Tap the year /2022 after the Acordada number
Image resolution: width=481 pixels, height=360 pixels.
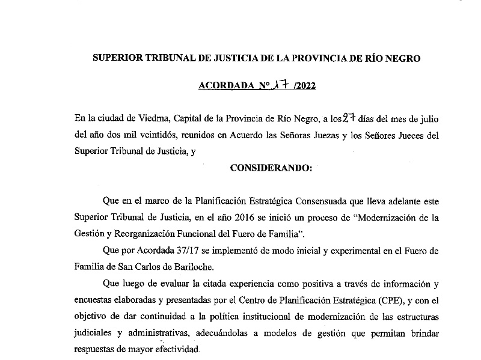click(302, 86)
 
